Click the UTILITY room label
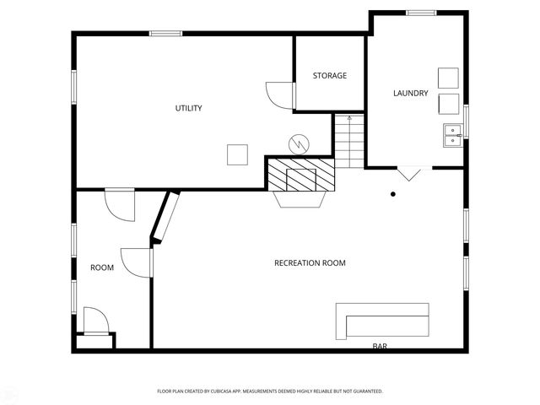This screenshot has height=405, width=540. point(188,108)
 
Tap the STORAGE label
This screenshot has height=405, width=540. point(329,76)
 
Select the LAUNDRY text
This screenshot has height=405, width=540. point(411,93)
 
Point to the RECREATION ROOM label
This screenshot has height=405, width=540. point(310,263)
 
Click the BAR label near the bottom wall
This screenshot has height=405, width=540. point(381,346)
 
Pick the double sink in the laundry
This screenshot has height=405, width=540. point(453,134)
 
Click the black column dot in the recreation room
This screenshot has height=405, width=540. point(393,194)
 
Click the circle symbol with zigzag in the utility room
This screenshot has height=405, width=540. point(298,144)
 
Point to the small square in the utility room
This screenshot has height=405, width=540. point(238,154)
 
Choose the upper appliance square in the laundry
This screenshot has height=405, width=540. point(448,77)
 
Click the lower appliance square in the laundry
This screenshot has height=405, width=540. point(448,104)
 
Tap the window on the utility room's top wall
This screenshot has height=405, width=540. point(166,33)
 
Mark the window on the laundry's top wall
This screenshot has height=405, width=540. point(420,13)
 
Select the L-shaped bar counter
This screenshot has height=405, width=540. point(384,321)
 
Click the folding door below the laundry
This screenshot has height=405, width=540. point(409,173)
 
